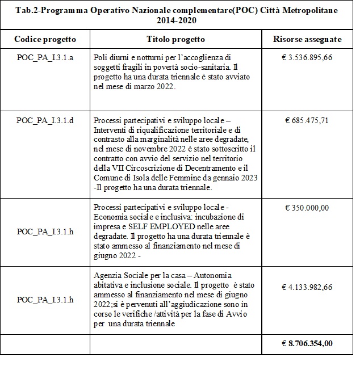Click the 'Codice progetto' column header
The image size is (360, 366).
pyautogui.click(x=45, y=39)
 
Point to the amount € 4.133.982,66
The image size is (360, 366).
pyautogui.click(x=309, y=287)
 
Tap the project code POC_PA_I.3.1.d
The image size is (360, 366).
pyautogui.click(x=45, y=121)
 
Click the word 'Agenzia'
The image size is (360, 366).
pyautogui.click(x=105, y=275)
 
